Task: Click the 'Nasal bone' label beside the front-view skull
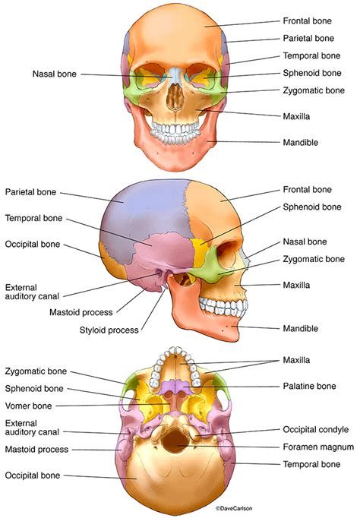point(55,74)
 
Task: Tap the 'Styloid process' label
point(109,330)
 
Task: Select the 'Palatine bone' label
point(309,386)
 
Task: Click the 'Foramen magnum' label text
point(318,447)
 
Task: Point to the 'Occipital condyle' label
point(316,429)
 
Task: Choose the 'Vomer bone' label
point(28,406)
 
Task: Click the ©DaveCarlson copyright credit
point(234,508)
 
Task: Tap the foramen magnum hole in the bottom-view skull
point(175,441)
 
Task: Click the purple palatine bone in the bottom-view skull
point(178,387)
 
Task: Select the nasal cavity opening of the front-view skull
point(175,96)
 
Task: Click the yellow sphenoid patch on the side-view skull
point(199,251)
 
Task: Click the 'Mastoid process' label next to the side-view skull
point(81,312)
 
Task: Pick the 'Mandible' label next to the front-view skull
point(301,142)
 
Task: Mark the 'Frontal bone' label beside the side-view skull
point(307,189)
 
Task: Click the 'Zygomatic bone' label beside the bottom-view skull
point(36,371)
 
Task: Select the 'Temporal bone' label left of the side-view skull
point(33,218)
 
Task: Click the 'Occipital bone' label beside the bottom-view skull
point(33,475)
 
